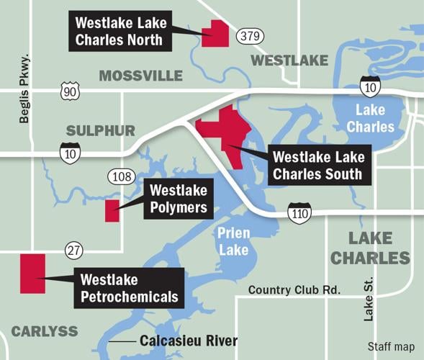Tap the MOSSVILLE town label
pos(140,76)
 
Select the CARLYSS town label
pos(44,330)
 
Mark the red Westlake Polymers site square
pos(112,211)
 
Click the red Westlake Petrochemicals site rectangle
pos(32,273)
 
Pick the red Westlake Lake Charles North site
pos(215,34)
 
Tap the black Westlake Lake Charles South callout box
pos(318,165)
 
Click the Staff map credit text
pos(391,347)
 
